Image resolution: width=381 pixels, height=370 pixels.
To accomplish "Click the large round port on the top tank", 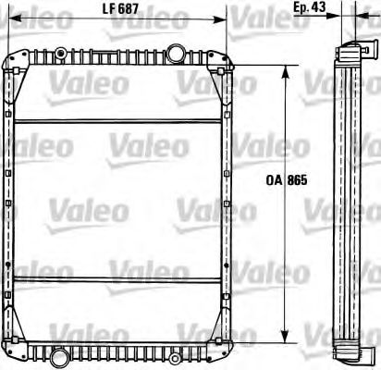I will coord(177,50).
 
